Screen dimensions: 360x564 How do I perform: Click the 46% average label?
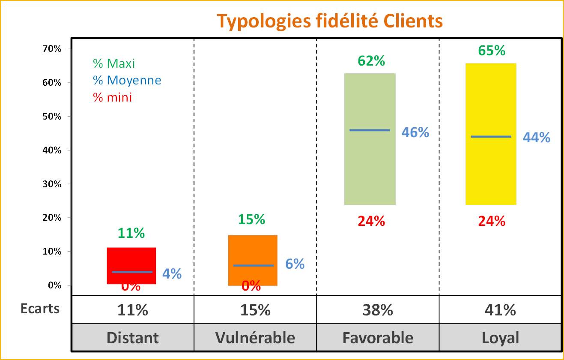415,132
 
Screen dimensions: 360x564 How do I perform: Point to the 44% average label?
536,138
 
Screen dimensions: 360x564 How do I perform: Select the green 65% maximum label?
492,51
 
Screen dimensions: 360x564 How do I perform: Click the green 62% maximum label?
371,61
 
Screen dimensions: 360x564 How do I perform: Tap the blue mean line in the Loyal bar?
491,137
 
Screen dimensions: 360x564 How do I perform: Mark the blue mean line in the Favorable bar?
370,130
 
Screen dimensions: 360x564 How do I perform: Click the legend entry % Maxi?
114,63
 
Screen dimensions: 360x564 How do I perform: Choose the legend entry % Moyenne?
127,80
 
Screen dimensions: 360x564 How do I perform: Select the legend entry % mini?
113,97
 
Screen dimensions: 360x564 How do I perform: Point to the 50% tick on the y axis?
51,117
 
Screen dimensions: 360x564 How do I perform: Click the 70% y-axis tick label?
51,49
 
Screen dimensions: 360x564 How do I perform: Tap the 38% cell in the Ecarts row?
378,309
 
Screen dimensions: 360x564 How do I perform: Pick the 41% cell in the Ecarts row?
500,309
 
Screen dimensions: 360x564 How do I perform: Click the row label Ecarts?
40,309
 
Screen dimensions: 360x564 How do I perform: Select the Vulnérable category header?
255,338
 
